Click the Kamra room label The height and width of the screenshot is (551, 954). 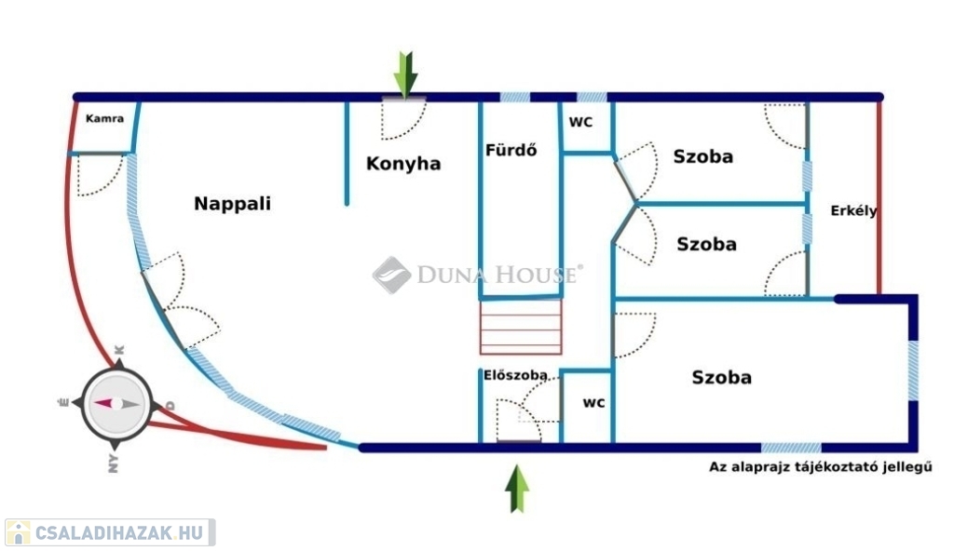tap(104, 119)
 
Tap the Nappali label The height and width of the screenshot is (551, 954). tap(232, 203)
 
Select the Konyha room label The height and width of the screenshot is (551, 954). tap(402, 164)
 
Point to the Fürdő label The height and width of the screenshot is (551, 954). tap(511, 150)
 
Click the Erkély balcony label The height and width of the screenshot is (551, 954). tap(853, 210)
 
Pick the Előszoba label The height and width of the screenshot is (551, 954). tap(515, 375)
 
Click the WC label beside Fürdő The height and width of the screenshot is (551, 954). tap(580, 122)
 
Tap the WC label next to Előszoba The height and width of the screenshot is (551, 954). tap(593, 403)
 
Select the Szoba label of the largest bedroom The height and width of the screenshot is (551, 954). tap(721, 378)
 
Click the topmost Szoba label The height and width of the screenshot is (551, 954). tap(702, 156)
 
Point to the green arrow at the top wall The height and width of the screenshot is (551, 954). tap(405, 74)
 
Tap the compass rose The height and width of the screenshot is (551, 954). tap(116, 404)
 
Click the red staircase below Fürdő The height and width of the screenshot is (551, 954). tap(521, 327)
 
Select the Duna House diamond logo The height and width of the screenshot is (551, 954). tap(391, 275)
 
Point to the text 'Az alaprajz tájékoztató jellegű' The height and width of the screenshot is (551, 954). tap(821, 467)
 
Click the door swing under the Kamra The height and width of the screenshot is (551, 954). tap(99, 176)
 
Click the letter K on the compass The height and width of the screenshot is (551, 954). tap(119, 351)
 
